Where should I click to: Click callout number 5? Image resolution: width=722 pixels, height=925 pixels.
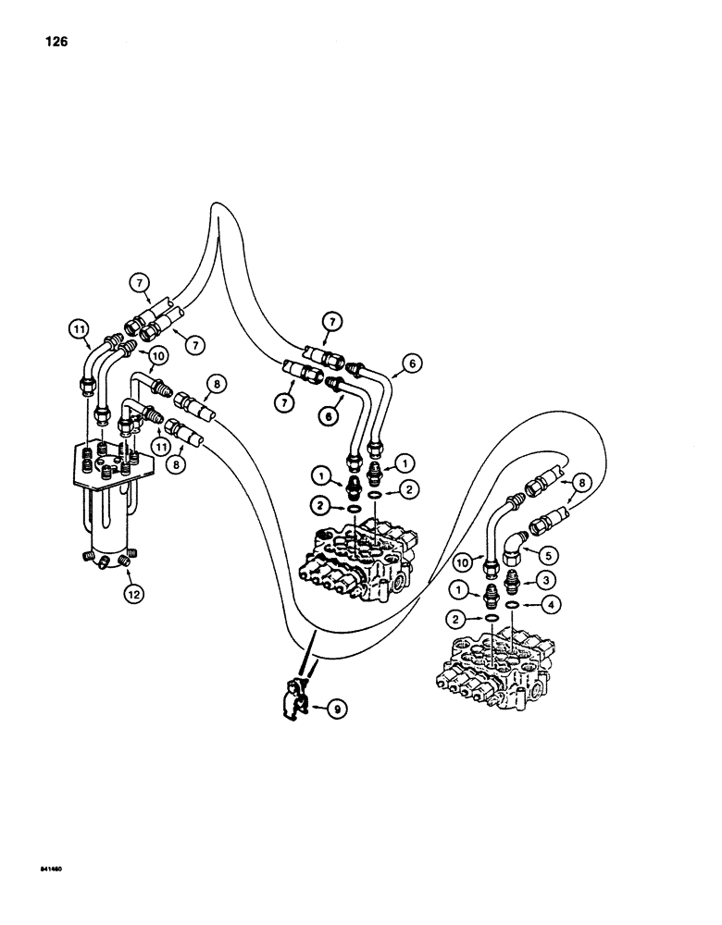[x=550, y=557]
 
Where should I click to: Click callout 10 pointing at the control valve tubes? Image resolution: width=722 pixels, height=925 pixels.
[x=158, y=355]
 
